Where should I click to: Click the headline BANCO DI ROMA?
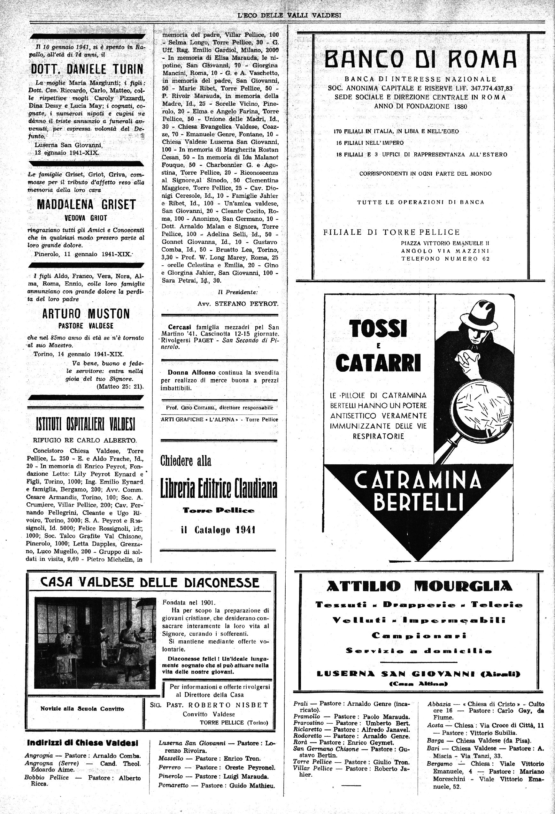point(420,59)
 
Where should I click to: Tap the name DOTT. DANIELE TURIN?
point(87,69)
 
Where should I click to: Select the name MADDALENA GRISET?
point(86,205)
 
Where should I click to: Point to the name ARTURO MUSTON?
point(86,314)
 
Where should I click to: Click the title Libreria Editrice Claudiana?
point(219,488)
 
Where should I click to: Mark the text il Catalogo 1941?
point(218,530)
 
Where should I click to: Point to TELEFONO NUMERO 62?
point(445,259)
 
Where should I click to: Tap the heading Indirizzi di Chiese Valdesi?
point(83,743)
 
